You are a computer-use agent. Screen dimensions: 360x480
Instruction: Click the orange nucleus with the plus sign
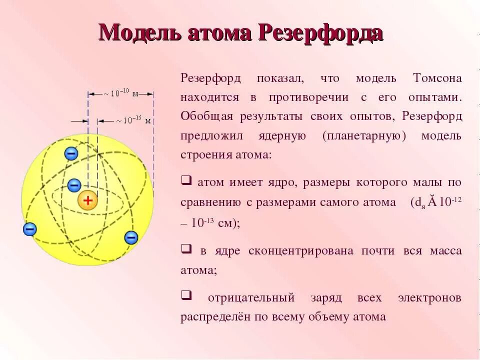[88, 201]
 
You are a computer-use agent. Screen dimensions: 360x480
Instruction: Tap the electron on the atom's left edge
[30, 229]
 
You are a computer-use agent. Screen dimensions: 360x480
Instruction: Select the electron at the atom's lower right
[131, 237]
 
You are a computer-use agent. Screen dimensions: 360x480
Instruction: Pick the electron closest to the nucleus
[74, 185]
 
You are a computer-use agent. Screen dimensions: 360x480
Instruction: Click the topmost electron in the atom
[71, 153]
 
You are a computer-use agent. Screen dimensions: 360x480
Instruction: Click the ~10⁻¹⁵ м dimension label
[133, 120]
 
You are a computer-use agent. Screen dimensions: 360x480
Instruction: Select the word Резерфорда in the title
[320, 33]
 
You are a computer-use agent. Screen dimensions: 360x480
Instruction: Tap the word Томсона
[437, 78]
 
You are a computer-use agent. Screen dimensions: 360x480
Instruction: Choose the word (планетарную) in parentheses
[364, 136]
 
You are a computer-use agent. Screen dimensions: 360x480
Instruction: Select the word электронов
[429, 297]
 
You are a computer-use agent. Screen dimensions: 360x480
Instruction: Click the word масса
[445, 251]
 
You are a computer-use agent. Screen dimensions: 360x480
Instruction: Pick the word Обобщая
[207, 116]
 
